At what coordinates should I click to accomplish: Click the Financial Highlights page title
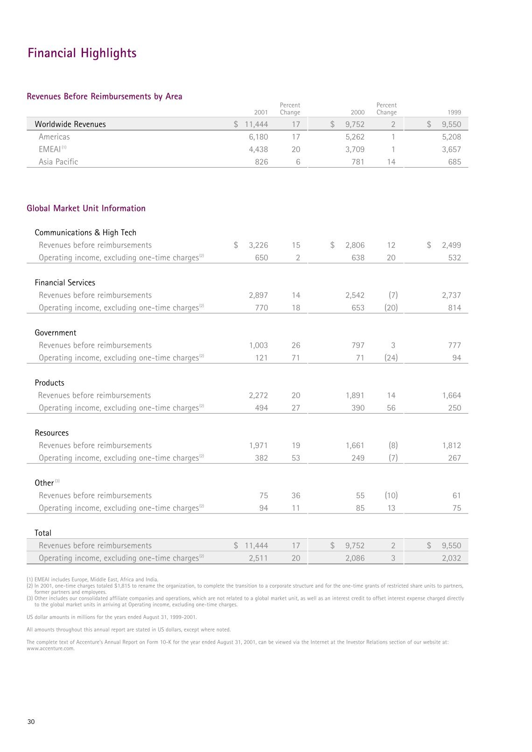coord(82,53)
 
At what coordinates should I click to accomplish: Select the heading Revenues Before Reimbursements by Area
coord(105,97)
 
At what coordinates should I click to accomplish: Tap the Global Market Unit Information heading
coord(86,209)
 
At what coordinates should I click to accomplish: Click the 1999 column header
coord(454,112)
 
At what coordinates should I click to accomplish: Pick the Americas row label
coord(54,137)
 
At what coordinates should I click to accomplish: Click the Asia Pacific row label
coord(58,162)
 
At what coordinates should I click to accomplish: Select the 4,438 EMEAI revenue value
coord(258,149)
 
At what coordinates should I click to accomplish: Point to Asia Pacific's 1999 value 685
coord(454,162)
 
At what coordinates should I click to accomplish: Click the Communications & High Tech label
coord(85,232)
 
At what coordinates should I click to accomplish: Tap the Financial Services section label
coord(65,283)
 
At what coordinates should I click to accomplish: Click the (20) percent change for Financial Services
coord(391,308)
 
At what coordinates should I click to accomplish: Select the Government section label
coord(56,333)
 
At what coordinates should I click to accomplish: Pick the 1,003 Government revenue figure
coord(258,345)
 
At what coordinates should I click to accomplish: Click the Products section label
coord(49,383)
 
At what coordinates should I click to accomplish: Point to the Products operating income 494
coord(261,408)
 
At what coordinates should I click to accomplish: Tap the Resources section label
coord(52,433)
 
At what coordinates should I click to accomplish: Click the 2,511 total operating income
coord(258,558)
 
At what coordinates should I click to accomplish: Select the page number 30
coord(31,722)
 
